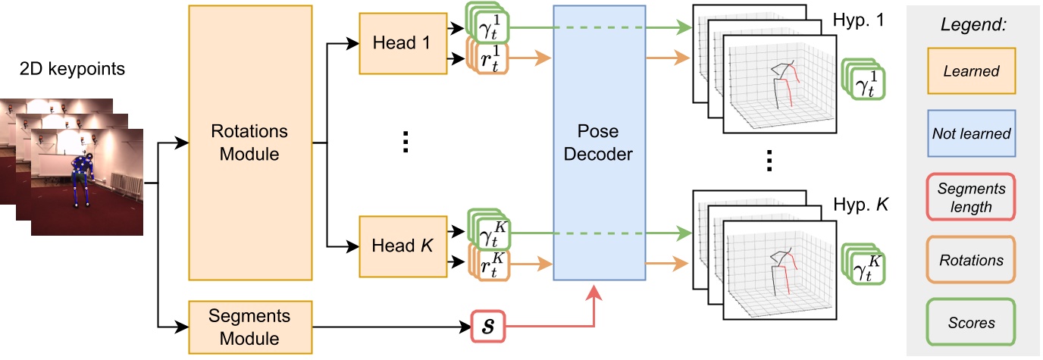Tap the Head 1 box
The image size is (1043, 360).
401,42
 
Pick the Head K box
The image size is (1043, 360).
401,246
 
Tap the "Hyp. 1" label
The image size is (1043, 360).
859,17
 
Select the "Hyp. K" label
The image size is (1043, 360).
859,205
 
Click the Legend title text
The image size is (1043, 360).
973,24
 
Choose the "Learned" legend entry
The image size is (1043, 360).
971,72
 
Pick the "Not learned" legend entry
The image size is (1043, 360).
971,133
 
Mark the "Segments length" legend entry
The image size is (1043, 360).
971,197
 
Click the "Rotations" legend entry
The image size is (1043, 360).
971,260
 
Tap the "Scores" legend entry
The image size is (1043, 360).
971,322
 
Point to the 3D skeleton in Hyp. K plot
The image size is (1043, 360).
781,273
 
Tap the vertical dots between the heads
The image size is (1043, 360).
404,142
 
